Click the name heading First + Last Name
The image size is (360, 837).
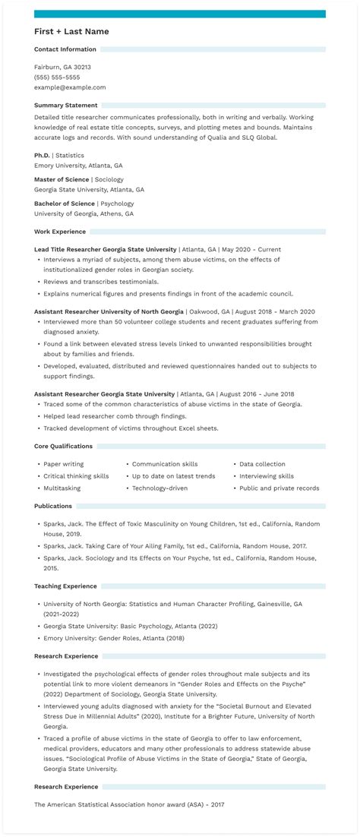pyautogui.click(x=71, y=31)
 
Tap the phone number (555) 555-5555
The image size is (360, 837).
pyautogui.click(x=57, y=77)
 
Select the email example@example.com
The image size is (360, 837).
pyautogui.click(x=70, y=87)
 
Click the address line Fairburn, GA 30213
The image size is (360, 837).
pyautogui.click(x=62, y=67)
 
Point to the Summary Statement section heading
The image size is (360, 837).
pyautogui.click(x=65, y=105)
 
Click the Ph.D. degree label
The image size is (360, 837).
pyautogui.click(x=42, y=155)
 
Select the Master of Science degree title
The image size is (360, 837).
pyautogui.click(x=61, y=179)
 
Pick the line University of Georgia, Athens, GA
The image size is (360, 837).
pyautogui.click(x=84, y=214)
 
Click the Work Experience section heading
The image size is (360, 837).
pyautogui.click(x=60, y=232)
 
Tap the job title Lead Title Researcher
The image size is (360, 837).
pyautogui.click(x=67, y=249)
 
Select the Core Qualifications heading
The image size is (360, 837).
pyautogui.click(x=63, y=446)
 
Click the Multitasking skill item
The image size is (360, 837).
pyautogui.click(x=62, y=488)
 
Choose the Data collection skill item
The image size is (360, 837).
pyautogui.click(x=262, y=464)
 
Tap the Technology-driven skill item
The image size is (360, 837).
pyautogui.click(x=159, y=488)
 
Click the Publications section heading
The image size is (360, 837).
pyautogui.click(x=53, y=506)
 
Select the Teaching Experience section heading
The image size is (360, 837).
pyautogui.click(x=65, y=586)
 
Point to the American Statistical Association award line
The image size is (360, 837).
pyautogui.click(x=129, y=804)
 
